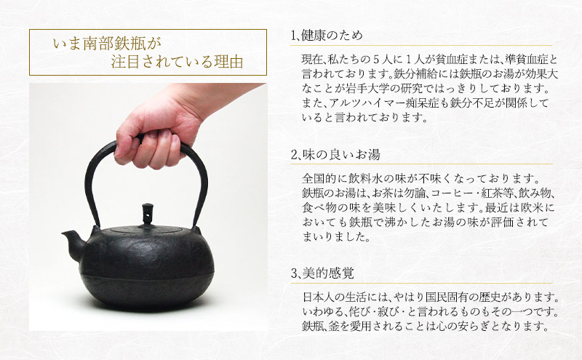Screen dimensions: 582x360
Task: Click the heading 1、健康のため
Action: [327, 36]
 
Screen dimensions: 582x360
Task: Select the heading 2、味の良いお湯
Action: [335, 155]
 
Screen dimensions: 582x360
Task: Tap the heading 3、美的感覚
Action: [322, 274]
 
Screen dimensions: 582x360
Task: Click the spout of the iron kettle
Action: [73, 239]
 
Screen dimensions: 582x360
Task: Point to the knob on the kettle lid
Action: [148, 214]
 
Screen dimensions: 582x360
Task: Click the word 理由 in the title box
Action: [228, 62]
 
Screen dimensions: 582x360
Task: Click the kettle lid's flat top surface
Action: [147, 229]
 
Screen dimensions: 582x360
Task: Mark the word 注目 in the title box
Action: [125, 62]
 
